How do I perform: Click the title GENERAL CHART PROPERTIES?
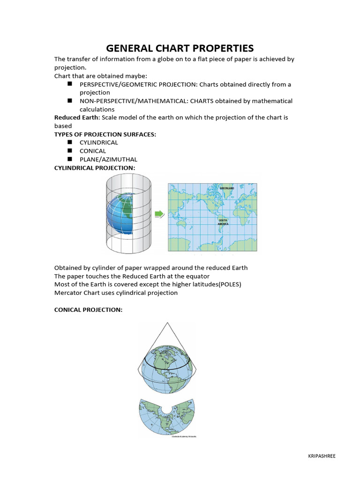pos(180,48)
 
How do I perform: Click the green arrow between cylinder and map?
pos(159,214)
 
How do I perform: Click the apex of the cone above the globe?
pos(166,323)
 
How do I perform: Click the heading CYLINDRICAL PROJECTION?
pos(95,167)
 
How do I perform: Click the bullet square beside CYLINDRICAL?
pos(69,142)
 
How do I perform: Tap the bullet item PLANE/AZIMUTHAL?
pos(102,159)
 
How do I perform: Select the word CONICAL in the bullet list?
pos(93,151)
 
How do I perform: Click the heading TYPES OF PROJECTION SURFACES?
pos(105,134)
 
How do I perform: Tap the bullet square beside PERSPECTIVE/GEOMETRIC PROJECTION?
pos(69,84)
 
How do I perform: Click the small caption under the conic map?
pos(180,436)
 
